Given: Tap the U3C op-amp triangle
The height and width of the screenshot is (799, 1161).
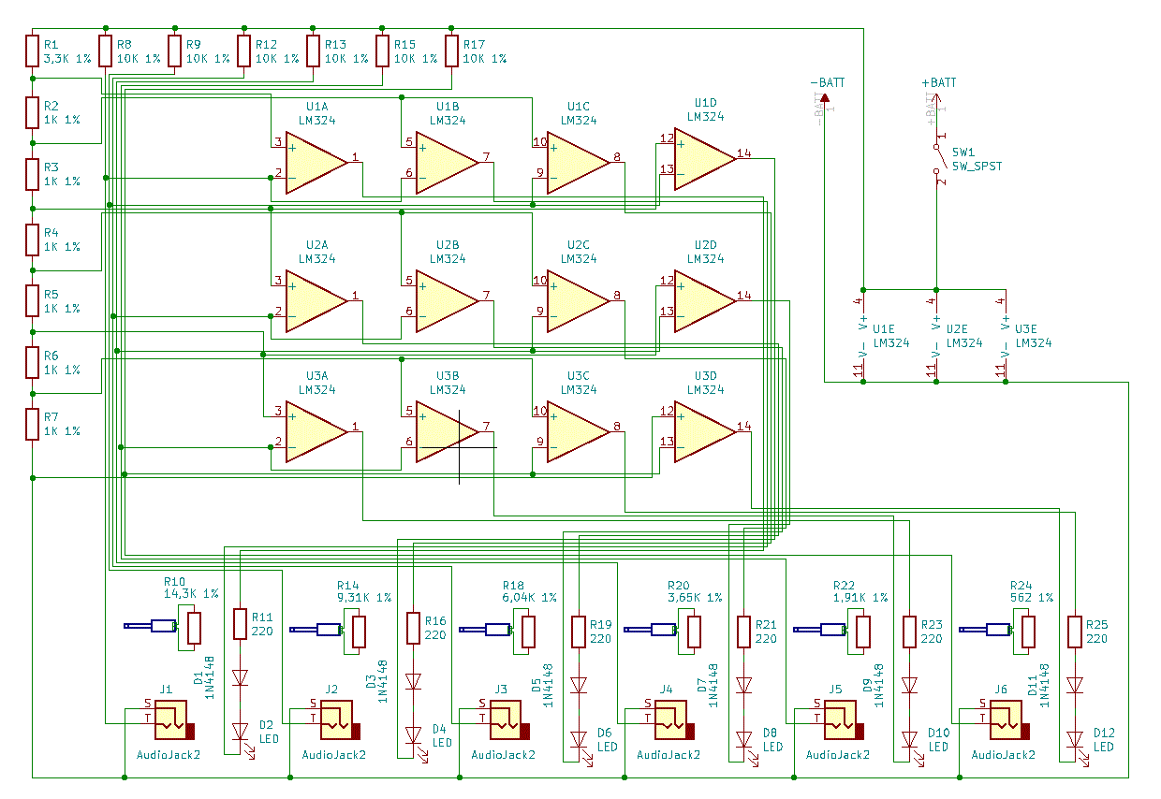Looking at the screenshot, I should click(x=577, y=431).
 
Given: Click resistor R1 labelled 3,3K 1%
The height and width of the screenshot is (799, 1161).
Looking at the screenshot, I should click(x=33, y=51).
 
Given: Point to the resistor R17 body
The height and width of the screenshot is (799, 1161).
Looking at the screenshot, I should click(x=452, y=51).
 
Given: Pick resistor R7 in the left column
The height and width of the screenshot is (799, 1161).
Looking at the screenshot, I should click(x=33, y=424).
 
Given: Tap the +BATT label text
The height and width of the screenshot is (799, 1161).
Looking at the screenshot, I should click(x=939, y=83).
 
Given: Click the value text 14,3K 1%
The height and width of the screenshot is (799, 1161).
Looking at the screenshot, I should click(x=191, y=593).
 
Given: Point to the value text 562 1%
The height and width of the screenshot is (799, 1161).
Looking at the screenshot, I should click(x=1031, y=597).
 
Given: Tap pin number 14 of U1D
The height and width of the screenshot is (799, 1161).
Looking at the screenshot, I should click(x=743, y=153).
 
